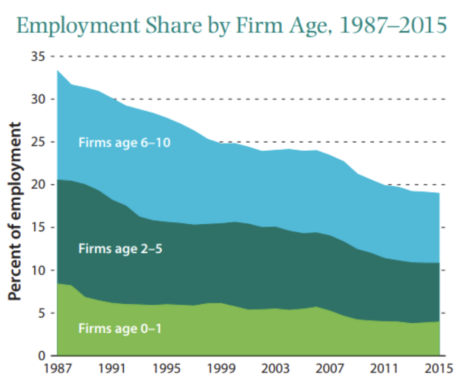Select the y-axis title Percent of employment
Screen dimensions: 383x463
16,212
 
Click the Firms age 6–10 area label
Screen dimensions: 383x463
125,142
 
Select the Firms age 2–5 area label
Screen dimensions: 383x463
120,248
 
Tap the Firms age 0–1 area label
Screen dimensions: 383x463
120,329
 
